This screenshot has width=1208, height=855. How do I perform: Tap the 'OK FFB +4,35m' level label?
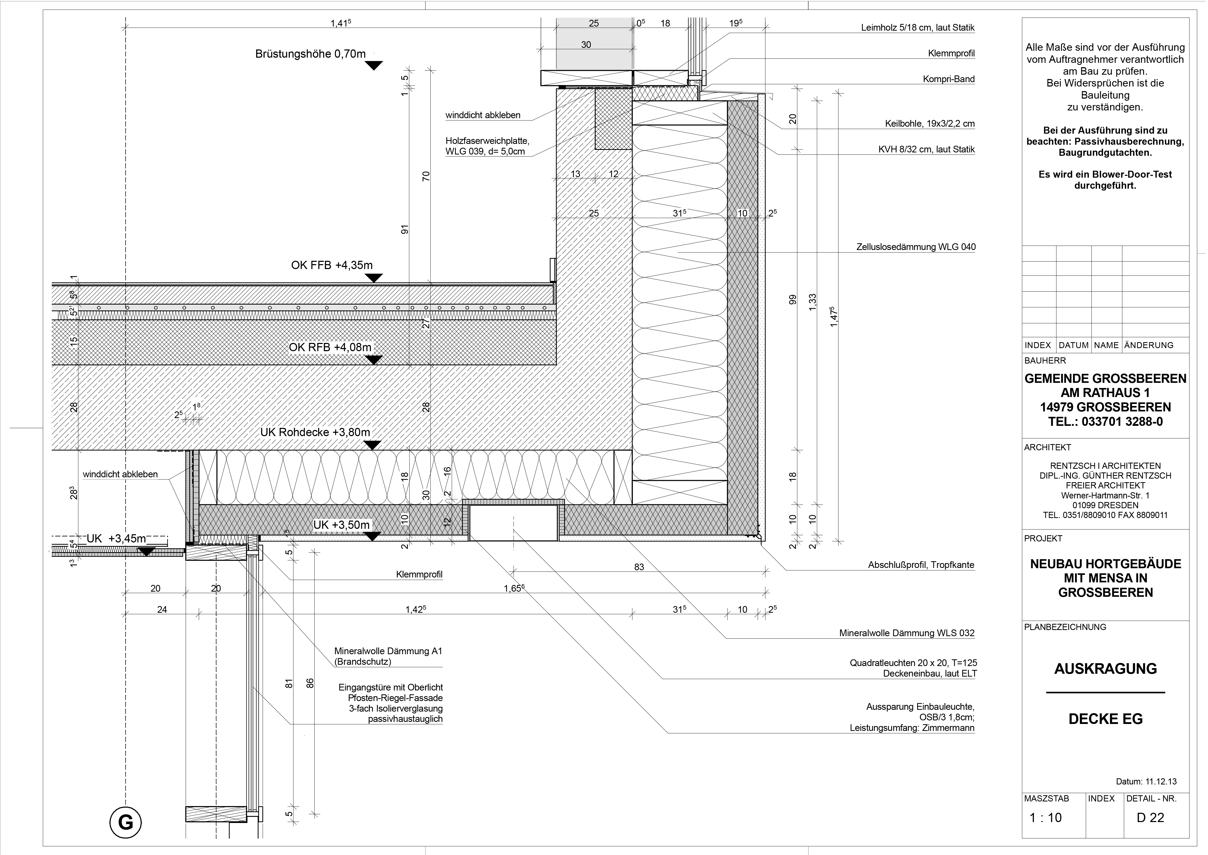point(332,265)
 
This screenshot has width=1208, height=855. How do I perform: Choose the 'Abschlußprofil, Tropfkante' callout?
point(921,565)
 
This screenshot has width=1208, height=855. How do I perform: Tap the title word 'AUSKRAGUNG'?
point(1105,669)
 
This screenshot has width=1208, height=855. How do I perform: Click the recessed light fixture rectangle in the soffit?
point(513,522)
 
